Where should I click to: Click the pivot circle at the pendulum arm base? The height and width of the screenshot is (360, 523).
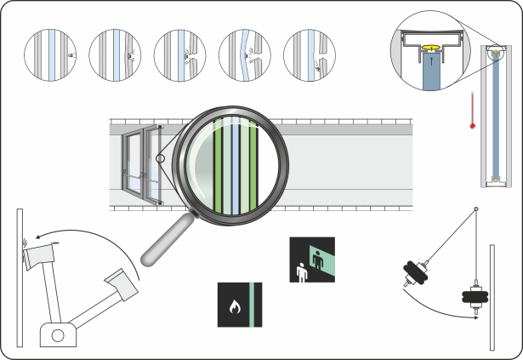[x=58, y=335]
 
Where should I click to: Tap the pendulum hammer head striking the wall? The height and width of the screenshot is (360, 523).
[x=40, y=253]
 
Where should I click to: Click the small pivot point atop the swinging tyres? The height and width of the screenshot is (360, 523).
[x=475, y=209]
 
